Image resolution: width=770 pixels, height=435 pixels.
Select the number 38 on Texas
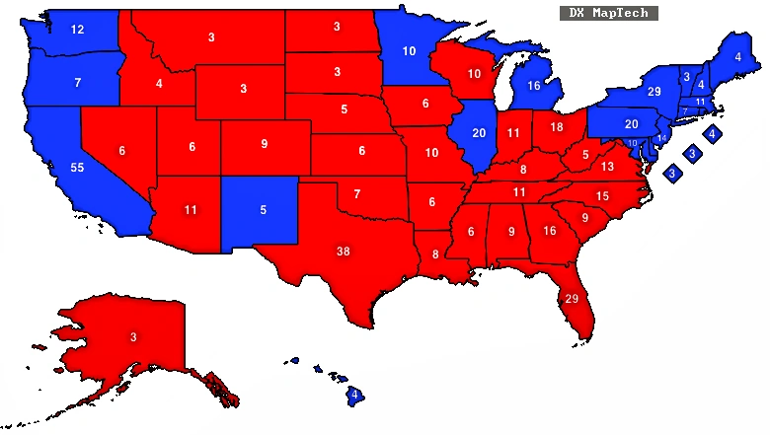click(x=343, y=252)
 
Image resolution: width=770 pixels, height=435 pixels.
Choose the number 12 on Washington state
click(x=77, y=31)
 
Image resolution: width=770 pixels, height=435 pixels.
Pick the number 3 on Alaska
click(x=133, y=337)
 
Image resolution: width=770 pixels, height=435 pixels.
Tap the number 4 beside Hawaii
click(x=353, y=396)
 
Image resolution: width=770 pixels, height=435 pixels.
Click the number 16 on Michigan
click(x=534, y=87)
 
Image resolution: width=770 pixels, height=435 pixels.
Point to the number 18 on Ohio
click(x=557, y=128)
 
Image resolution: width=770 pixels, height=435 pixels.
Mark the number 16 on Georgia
click(x=549, y=231)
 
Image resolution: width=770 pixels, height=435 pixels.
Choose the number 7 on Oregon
click(x=77, y=83)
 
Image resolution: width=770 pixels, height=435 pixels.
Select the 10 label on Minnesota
click(x=409, y=51)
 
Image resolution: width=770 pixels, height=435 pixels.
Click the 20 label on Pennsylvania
click(x=632, y=124)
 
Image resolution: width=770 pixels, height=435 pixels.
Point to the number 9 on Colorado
click(x=265, y=145)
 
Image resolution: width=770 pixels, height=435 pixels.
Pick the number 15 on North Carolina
click(x=601, y=197)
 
